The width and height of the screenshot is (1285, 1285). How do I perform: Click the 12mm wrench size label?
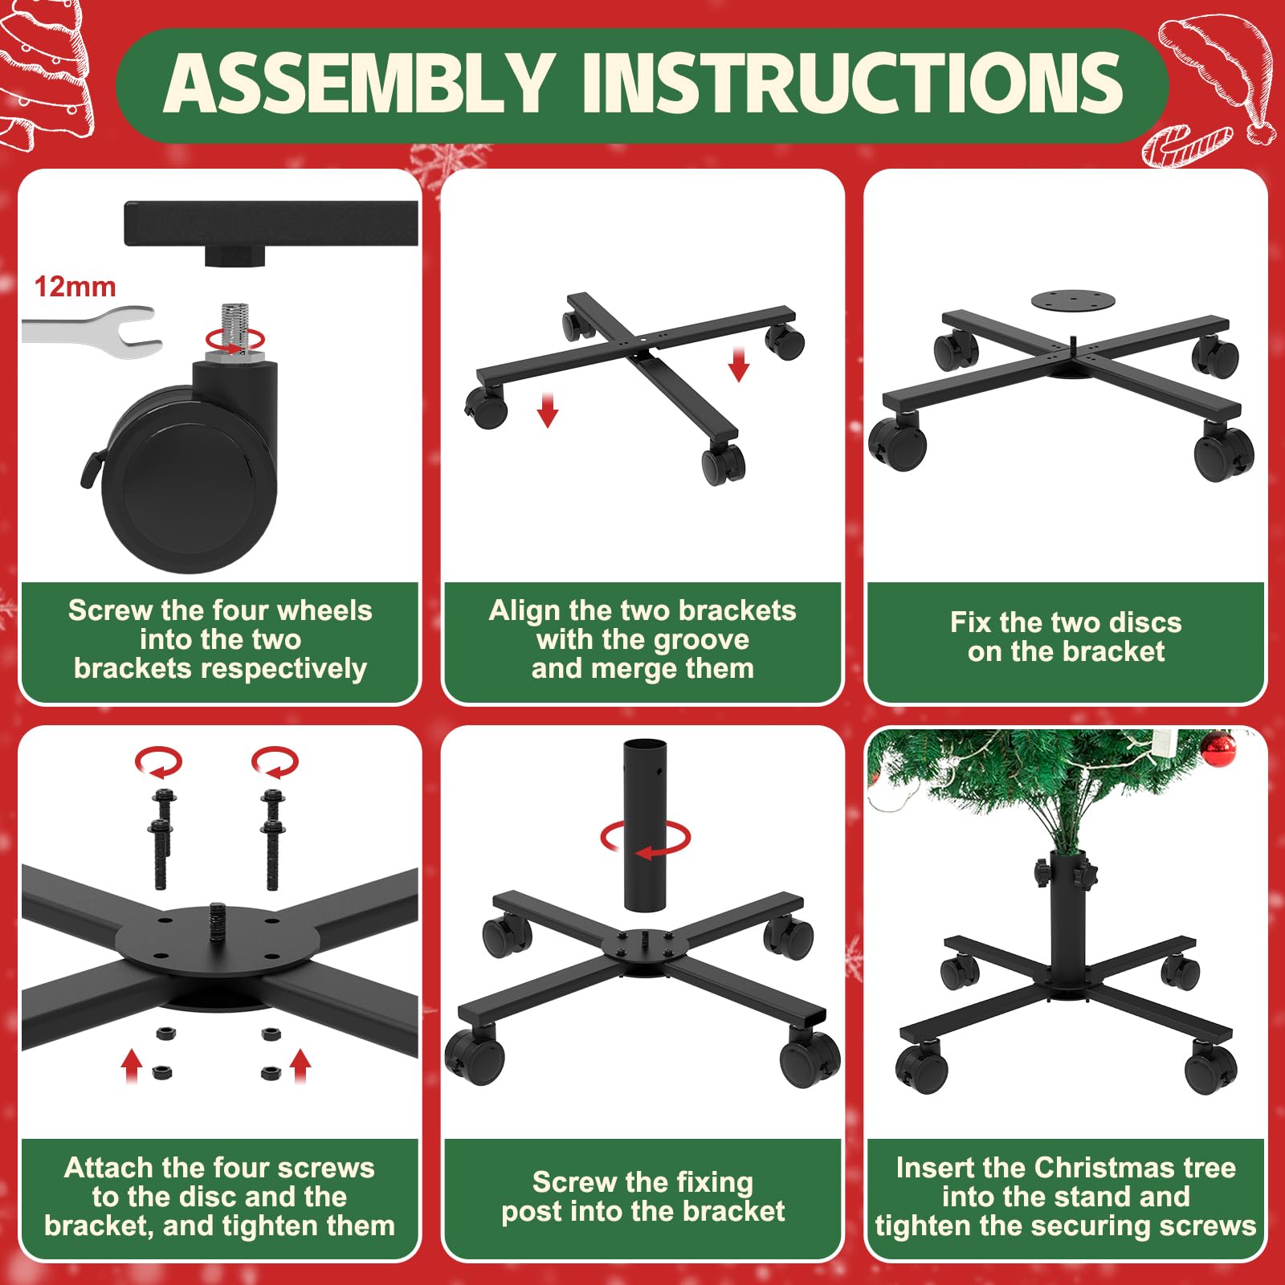pos(75,287)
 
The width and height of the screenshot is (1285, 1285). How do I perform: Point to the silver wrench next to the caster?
pos(90,331)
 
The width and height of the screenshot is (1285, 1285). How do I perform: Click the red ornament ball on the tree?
pos(1218,749)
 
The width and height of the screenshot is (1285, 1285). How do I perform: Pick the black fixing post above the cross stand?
pos(645,826)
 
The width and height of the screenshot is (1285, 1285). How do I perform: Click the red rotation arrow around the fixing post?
pos(645,839)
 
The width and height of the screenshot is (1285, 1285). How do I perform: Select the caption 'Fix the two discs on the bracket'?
pos(1066,637)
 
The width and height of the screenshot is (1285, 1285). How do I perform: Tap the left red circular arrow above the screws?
pos(158,761)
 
